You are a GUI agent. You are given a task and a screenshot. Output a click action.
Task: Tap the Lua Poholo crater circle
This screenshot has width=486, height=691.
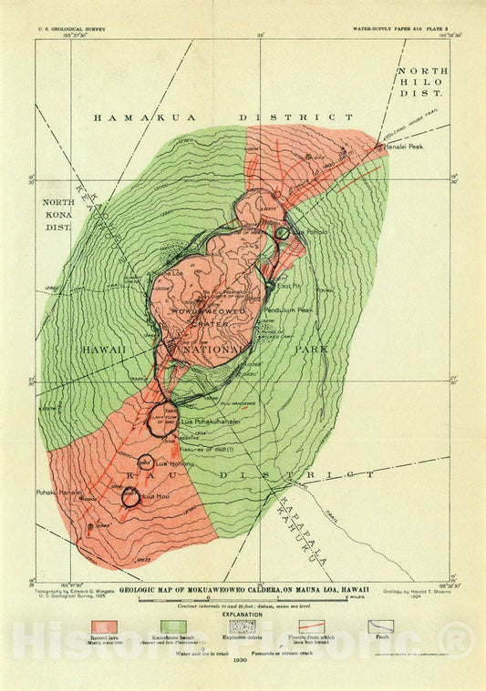284,233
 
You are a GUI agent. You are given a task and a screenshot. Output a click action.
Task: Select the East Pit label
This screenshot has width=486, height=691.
288,285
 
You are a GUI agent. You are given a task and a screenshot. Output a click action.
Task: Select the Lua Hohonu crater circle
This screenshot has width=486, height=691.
145,461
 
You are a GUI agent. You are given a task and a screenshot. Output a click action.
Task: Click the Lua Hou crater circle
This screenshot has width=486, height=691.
130,496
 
